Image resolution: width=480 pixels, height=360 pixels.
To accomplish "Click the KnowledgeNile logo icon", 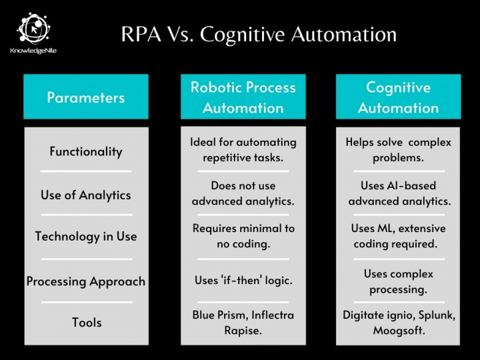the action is pyautogui.click(x=33, y=28).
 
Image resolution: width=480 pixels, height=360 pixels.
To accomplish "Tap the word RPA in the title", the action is pyautogui.click(x=141, y=34).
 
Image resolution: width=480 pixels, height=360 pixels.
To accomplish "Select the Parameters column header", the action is pyautogui.click(x=86, y=97).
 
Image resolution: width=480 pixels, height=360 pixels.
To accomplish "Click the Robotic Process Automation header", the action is pyautogui.click(x=243, y=97).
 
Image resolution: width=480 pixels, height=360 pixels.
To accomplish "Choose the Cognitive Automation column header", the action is pyautogui.click(x=398, y=97).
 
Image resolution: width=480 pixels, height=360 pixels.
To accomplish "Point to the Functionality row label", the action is pyautogui.click(x=86, y=151).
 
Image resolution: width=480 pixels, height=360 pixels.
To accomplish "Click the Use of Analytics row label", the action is pyautogui.click(x=86, y=195).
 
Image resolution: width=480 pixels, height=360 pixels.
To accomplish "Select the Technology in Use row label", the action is pyautogui.click(x=86, y=236).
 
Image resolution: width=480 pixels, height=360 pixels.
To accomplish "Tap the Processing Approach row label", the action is pyautogui.click(x=86, y=281).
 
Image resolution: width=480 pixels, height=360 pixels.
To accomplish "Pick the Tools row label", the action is pyautogui.click(x=87, y=323).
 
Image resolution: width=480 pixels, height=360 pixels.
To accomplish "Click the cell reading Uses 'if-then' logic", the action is pyautogui.click(x=243, y=280).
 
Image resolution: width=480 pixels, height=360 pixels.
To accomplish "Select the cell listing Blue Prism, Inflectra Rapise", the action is pyautogui.click(x=243, y=323).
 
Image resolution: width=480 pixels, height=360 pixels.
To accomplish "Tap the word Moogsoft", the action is pyautogui.click(x=399, y=330).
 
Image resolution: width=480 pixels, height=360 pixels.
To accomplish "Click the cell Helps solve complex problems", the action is pyautogui.click(x=398, y=150).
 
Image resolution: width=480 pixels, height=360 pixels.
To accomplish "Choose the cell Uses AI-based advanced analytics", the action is pyautogui.click(x=399, y=193).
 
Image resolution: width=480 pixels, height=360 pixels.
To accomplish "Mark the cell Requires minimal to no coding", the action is pyautogui.click(x=243, y=236).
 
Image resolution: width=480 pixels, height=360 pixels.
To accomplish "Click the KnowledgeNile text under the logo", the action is pyautogui.click(x=33, y=51).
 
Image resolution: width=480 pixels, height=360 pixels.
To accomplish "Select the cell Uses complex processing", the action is pyautogui.click(x=398, y=281).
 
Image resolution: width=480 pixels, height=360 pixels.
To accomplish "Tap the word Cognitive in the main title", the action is pyautogui.click(x=242, y=34).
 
